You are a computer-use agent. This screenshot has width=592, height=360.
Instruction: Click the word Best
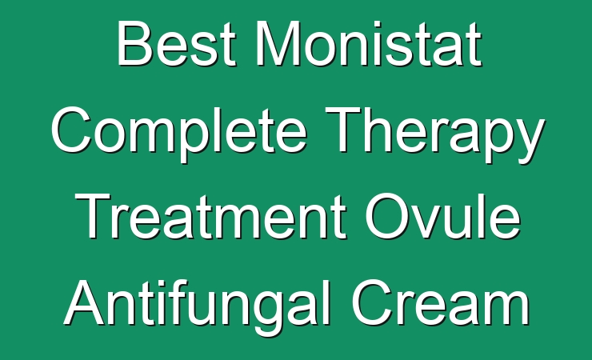click(x=177, y=43)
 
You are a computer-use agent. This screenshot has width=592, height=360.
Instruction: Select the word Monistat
click(x=370, y=43)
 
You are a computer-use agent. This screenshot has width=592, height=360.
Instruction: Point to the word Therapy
click(x=435, y=134)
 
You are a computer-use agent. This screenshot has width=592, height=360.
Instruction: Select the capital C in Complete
click(x=71, y=130)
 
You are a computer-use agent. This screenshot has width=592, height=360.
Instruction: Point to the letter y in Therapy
click(x=529, y=141)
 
